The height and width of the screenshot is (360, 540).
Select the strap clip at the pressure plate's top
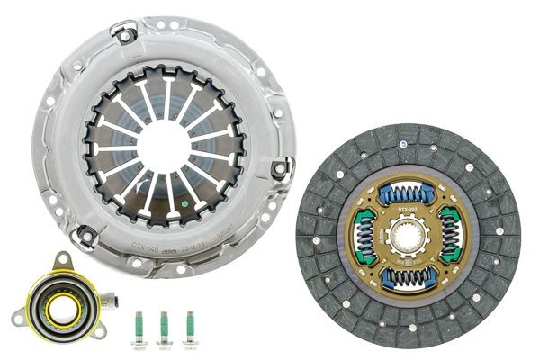pos(124,33)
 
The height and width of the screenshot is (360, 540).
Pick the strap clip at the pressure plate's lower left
pos(85,236)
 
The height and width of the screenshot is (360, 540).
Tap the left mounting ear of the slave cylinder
pos(18,316)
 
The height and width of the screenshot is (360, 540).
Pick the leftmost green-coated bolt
pos(140,328)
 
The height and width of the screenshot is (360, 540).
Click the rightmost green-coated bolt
pos(190,328)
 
